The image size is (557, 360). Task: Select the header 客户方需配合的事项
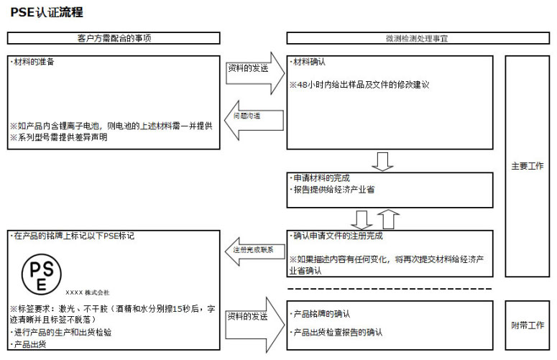114,38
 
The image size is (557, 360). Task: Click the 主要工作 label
527,165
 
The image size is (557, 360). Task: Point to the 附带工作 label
527,326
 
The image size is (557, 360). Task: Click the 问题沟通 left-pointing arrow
252,116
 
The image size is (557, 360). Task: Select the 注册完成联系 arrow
252,250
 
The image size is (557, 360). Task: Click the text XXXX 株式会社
87,292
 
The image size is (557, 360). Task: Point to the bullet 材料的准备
34,62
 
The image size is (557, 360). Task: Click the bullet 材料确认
310,63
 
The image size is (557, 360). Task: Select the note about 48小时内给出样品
359,85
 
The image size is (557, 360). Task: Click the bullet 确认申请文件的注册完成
338,236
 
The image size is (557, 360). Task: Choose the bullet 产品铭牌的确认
321,314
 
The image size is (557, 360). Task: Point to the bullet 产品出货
29,345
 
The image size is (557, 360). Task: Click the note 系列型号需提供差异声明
58,137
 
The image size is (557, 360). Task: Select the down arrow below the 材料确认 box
383,161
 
